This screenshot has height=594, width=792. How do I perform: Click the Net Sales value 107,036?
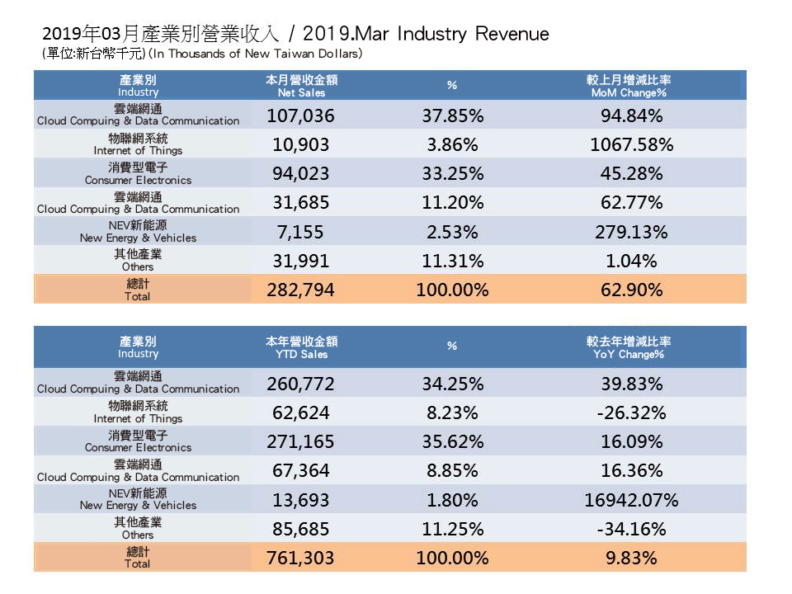pyautogui.click(x=301, y=115)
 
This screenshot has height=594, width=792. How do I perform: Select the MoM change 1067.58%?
pyautogui.click(x=632, y=144)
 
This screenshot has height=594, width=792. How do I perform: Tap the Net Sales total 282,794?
pyautogui.click(x=301, y=290)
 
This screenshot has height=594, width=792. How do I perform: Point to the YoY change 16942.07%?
pyautogui.click(x=632, y=500)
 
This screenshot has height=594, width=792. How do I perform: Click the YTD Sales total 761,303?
pyautogui.click(x=301, y=559)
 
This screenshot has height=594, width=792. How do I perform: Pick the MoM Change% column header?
pyautogui.click(x=629, y=87)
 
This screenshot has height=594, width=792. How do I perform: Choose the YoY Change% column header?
pyautogui.click(x=629, y=347)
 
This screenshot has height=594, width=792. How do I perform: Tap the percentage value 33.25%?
pyautogui.click(x=452, y=173)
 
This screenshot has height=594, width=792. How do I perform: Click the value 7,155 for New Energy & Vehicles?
pyautogui.click(x=301, y=232)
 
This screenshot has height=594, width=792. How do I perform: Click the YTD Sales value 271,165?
pyautogui.click(x=301, y=441)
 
